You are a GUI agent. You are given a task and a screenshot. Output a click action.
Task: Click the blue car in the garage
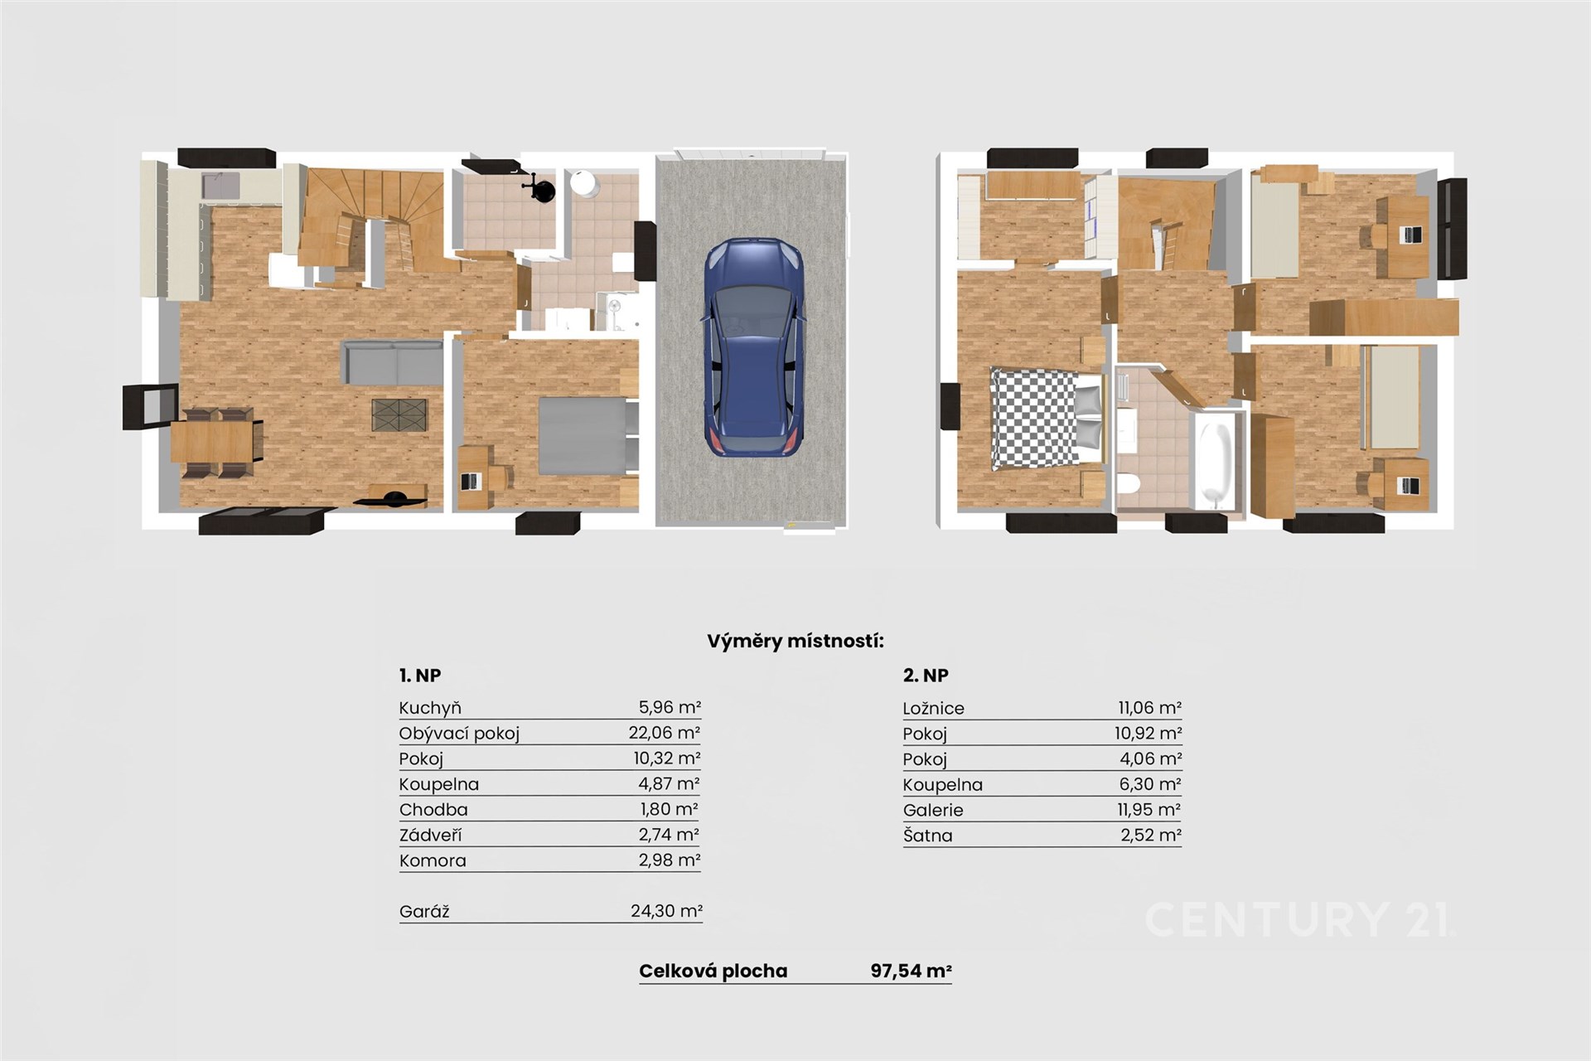(754, 347)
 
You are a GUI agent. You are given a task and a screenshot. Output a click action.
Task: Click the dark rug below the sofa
(399, 414)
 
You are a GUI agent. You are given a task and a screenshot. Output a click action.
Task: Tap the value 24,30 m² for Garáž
(666, 911)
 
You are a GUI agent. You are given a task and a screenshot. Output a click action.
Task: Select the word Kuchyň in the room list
(430, 708)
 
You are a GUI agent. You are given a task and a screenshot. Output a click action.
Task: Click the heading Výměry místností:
(795, 641)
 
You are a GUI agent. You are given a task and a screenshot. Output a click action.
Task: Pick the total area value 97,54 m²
(911, 971)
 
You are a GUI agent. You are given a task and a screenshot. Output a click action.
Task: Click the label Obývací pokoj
(459, 734)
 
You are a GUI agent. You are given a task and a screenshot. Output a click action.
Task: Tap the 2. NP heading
(926, 676)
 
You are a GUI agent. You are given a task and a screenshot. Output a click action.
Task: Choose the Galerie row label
(933, 810)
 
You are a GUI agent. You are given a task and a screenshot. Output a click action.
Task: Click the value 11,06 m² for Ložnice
(1149, 708)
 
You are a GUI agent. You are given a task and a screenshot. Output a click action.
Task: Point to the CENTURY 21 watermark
(1298, 919)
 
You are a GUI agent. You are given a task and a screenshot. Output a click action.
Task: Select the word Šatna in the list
(927, 836)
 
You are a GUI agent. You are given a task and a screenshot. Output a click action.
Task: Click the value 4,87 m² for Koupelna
(670, 783)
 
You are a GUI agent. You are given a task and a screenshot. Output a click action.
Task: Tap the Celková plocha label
(713, 971)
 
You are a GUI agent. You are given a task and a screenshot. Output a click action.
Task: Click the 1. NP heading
(420, 676)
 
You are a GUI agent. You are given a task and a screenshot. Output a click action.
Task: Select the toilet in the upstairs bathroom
(1129, 483)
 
